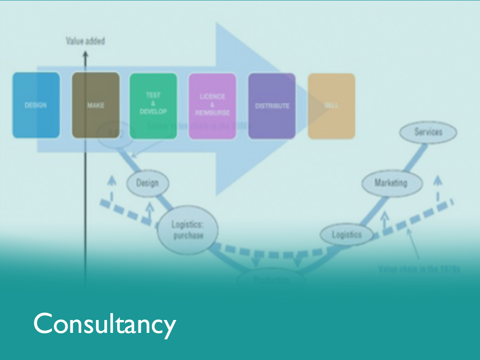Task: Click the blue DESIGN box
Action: (36, 105)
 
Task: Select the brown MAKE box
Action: (96, 105)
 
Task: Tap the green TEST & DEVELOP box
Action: (153, 105)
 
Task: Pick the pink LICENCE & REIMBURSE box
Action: (212, 105)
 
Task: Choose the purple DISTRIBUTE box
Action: (272, 105)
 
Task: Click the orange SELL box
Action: (331, 105)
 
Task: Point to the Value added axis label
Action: (85, 41)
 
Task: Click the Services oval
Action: (428, 132)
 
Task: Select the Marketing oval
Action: (391, 183)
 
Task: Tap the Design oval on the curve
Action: (147, 183)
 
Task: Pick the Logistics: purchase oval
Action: (188, 230)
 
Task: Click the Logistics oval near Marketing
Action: (347, 235)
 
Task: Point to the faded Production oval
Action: (270, 279)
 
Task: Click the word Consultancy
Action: (104, 324)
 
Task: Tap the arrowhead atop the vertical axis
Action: (85, 56)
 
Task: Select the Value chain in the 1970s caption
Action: (419, 269)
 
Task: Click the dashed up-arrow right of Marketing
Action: (437, 184)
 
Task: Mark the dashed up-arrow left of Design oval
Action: (110, 184)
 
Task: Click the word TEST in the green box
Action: (153, 96)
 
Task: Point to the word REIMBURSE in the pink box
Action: (212, 113)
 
